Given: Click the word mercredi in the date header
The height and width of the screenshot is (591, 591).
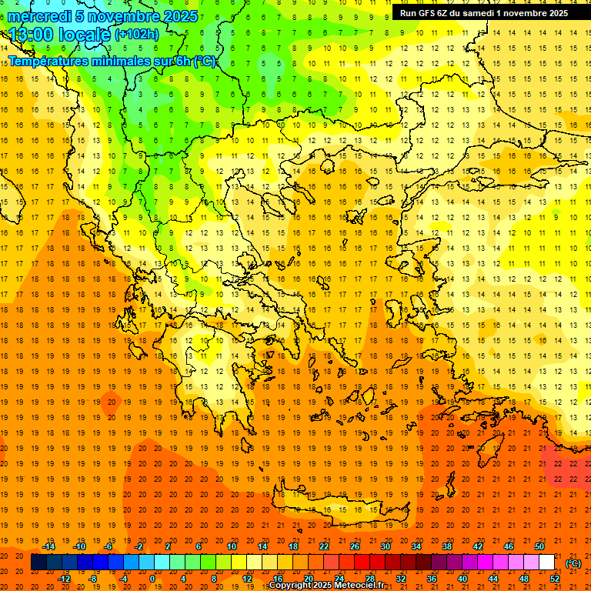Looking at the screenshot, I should point(39,16).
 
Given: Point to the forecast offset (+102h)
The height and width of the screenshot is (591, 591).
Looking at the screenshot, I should point(137,34).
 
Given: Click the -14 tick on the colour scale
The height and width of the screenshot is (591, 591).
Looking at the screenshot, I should point(48,546).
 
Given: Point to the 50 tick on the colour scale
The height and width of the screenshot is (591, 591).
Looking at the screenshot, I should point(539,546).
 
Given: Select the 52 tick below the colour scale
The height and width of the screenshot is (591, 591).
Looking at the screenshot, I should point(555,579).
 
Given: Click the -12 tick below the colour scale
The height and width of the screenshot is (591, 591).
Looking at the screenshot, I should point(64,579).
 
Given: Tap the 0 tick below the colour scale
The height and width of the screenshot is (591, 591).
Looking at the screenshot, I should point(152,579).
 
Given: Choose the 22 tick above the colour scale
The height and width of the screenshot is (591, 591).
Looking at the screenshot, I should point(324,546).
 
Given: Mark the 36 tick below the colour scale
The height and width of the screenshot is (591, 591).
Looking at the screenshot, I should point(432,579).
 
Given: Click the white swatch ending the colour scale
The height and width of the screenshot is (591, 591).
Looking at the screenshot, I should point(547,563).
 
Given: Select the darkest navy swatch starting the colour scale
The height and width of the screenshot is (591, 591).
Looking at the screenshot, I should point(38,563).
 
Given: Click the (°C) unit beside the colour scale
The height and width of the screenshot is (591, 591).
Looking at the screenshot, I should point(573,563).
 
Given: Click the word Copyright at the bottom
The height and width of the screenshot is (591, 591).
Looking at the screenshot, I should point(292,586).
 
